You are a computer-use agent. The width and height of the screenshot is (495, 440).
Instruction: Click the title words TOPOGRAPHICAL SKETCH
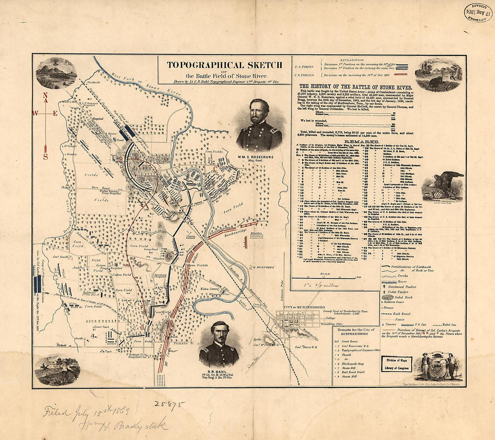(x=218, y=65)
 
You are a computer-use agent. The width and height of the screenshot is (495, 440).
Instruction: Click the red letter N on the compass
(x=45, y=95)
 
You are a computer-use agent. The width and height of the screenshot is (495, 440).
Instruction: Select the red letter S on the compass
(x=45, y=157)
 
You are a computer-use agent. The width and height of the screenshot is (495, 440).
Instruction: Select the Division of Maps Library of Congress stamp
(x=396, y=363)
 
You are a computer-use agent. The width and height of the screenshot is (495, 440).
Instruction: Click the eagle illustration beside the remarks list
(x=443, y=184)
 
